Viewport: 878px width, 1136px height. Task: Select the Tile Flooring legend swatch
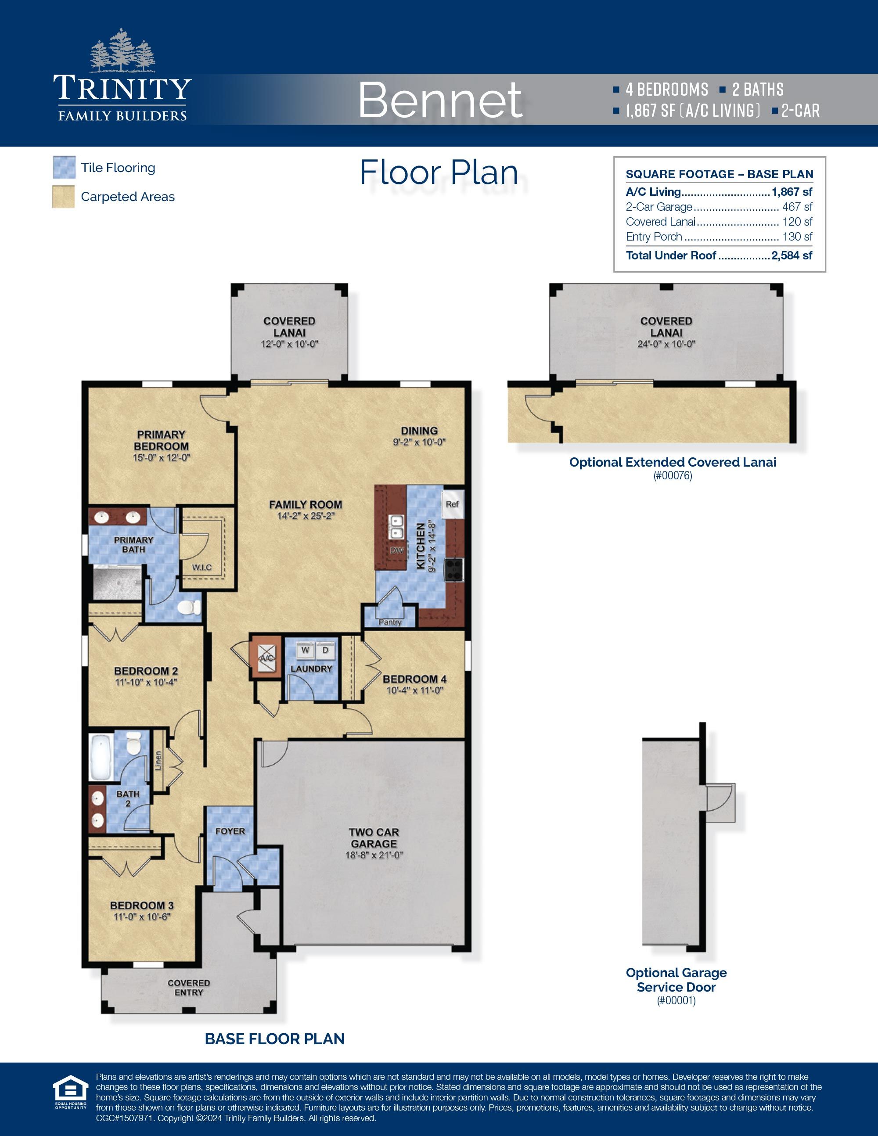coord(64,168)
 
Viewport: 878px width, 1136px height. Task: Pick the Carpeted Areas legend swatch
coord(64,197)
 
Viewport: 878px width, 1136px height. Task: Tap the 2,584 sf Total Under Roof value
coord(792,255)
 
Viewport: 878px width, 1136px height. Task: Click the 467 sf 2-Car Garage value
coord(797,207)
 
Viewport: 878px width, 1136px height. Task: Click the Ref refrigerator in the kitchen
coord(452,504)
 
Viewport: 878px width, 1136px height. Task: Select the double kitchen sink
coord(396,526)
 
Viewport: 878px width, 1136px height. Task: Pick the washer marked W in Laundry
coord(305,651)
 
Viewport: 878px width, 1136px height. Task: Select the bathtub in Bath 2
coord(101,757)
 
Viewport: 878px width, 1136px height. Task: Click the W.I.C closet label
coord(202,567)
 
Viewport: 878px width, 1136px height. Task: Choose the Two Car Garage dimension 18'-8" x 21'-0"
coord(374,855)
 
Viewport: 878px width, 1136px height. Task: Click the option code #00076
coord(672,475)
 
